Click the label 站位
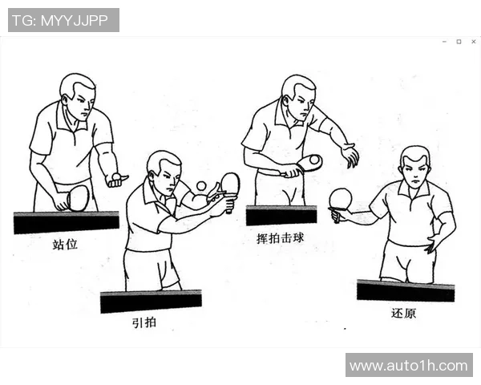coord(65,244)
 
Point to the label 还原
coord(404,313)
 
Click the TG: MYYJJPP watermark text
coord(63,20)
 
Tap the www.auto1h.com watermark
coord(409,366)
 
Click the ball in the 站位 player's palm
coord(117,176)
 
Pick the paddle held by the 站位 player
coord(78,197)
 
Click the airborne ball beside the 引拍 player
coord(200,186)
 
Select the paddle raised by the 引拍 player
coord(230,184)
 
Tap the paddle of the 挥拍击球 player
coord(309,163)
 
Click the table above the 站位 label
coord(66,222)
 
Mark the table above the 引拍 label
coord(151,302)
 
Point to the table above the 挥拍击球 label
coord(281,215)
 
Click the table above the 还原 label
coord(405,290)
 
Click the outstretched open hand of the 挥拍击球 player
coord(349,154)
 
